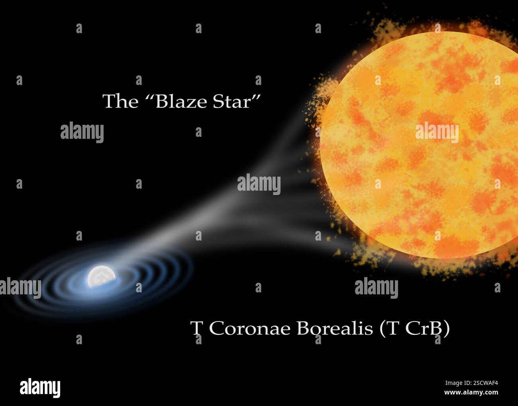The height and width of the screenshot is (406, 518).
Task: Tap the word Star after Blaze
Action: point(232,102)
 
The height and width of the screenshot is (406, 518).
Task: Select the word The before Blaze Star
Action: point(120,102)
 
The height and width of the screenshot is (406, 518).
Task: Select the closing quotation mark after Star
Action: point(256,98)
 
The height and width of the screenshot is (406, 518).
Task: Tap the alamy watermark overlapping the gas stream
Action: point(259,184)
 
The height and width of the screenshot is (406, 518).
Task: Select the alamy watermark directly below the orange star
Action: point(376,288)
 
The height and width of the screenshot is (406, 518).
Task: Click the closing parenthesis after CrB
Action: point(447,329)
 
